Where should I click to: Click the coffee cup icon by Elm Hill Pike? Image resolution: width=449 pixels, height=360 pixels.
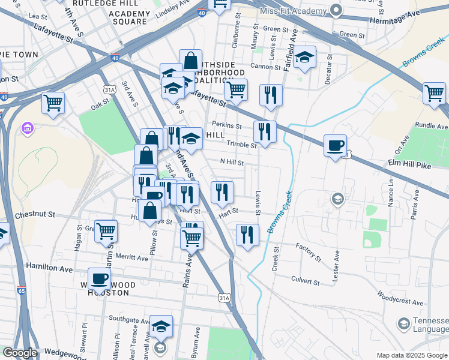pyautogui.click(x=335, y=145)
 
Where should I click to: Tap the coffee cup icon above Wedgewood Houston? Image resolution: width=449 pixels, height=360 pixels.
pyautogui.click(x=100, y=278)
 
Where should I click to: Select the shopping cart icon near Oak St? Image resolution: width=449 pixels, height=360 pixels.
pyautogui.click(x=53, y=102)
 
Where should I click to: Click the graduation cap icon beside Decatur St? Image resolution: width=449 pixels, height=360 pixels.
pyautogui.click(x=305, y=57)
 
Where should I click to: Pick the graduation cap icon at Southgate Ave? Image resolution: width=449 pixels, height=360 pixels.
pyautogui.click(x=161, y=326)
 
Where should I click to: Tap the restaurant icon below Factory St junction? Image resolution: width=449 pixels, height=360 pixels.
pyautogui.click(x=247, y=234)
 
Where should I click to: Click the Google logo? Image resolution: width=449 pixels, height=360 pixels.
pyautogui.click(x=20, y=353)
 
